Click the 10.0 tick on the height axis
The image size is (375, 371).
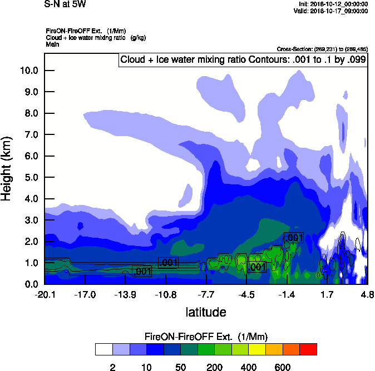28,71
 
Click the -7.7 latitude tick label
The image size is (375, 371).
206,294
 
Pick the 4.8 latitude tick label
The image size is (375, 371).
367,294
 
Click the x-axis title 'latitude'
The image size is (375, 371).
206,312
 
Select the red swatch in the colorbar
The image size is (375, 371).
308,349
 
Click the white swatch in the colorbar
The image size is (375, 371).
103,349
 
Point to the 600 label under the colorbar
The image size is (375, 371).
283,367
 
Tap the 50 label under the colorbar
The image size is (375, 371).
180,367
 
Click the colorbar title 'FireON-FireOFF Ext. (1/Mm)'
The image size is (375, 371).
206,337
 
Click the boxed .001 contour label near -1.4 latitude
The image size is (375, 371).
294,238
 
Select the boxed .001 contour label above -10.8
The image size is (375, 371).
168,263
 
